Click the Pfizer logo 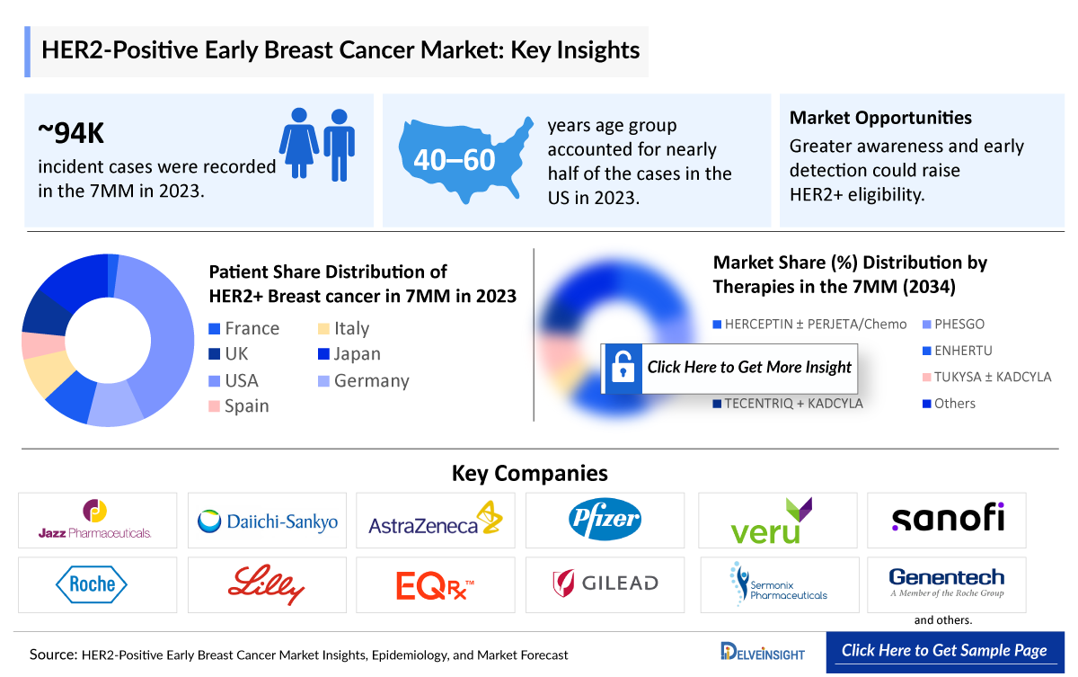pyautogui.click(x=605, y=519)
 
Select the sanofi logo pyautogui.click(x=947, y=518)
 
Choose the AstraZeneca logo pyautogui.click(x=436, y=521)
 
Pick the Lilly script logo pyautogui.click(x=266, y=584)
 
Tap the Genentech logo pyautogui.click(x=946, y=581)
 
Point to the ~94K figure pyautogui.click(x=71, y=133)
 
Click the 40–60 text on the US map pyautogui.click(x=455, y=160)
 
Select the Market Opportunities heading pyautogui.click(x=880, y=118)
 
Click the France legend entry pyautogui.click(x=243, y=328)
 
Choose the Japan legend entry pyautogui.click(x=349, y=354)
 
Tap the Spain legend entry pyautogui.click(x=239, y=405)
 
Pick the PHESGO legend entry pyautogui.click(x=958, y=324)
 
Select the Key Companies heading pyautogui.click(x=529, y=473)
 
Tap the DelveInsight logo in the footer pyautogui.click(x=763, y=652)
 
